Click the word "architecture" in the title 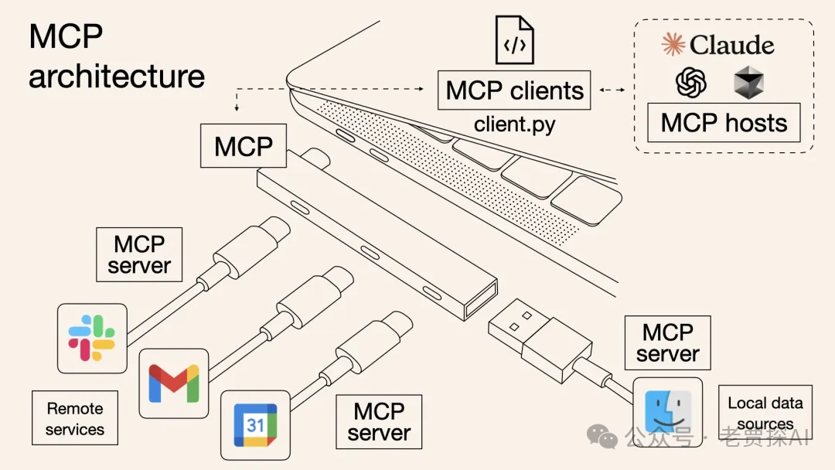[117, 77]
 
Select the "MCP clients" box [514, 90]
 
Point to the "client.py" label [514, 124]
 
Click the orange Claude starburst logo [673, 44]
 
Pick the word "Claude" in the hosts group [731, 45]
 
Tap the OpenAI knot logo [691, 82]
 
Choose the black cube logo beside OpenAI [748, 83]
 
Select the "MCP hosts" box [724, 123]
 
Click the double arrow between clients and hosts [612, 90]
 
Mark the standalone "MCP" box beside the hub [244, 145]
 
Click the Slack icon [92, 338]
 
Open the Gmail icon [174, 383]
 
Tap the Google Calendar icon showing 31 [255, 424]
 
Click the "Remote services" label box [75, 418]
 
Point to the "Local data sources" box [765, 413]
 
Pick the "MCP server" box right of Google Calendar [379, 422]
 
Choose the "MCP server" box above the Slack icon [139, 254]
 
